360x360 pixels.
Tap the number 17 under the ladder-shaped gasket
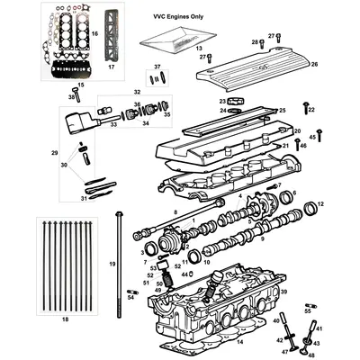point(112,67)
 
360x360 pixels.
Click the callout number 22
point(311,109)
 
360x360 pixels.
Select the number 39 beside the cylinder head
point(284,293)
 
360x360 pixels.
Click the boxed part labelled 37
point(157,78)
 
